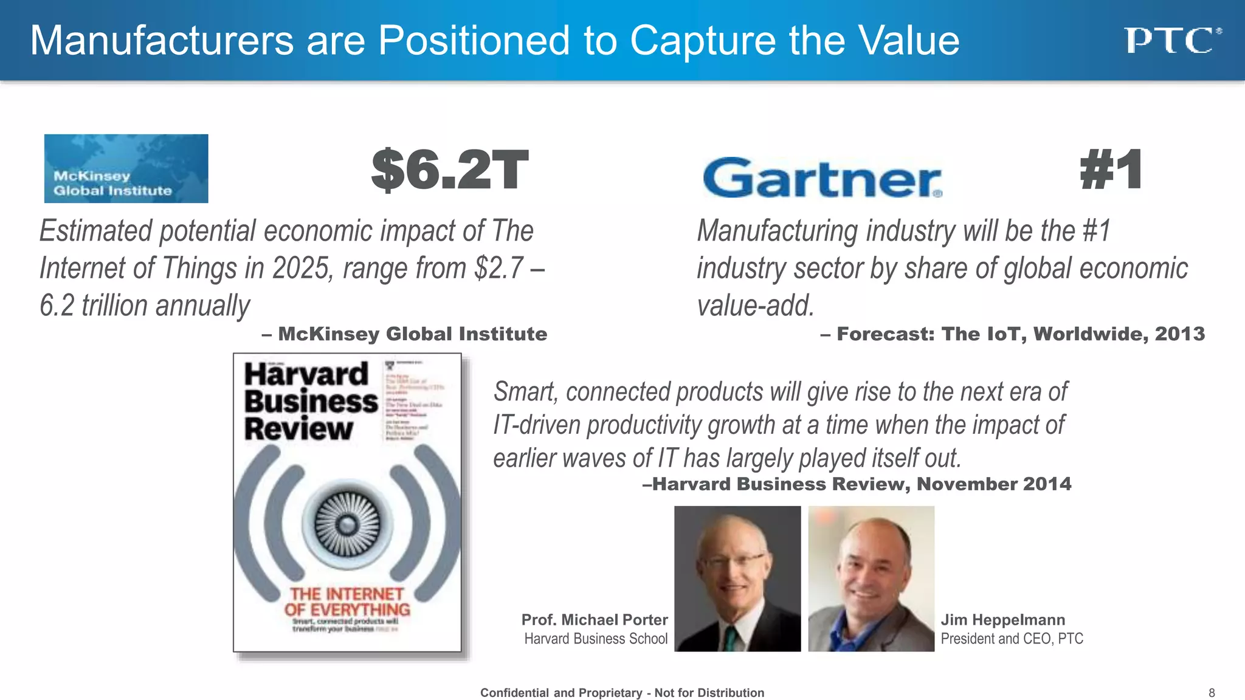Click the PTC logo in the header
[1172, 41]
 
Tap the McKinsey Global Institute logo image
[126, 168]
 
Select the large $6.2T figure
[449, 170]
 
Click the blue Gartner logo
[822, 177]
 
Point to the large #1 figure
[1111, 170]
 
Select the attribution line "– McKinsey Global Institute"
[404, 334]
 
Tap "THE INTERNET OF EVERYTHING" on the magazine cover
[347, 602]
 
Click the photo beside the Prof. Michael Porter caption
[737, 578]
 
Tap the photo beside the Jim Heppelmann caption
[871, 578]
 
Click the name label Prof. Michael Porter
[594, 620]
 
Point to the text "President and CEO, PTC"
[1012, 639]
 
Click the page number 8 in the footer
[1212, 693]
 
